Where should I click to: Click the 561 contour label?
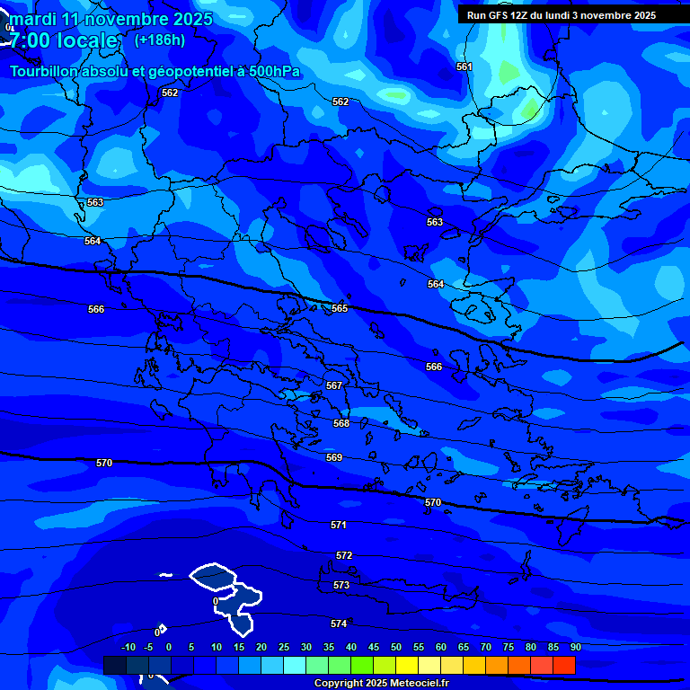464,67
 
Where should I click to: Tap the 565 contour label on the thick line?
340,308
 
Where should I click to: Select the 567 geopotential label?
334,385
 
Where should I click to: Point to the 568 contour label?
341,423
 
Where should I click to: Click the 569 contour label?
334,457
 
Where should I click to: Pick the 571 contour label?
339,525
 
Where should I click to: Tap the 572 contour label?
344,556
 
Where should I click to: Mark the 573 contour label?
341,585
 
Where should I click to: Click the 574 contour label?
339,624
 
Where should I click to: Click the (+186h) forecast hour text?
160,40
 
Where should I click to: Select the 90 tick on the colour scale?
575,647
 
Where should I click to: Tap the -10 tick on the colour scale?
128,647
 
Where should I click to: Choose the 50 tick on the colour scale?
396,647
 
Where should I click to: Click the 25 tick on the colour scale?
284,647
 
